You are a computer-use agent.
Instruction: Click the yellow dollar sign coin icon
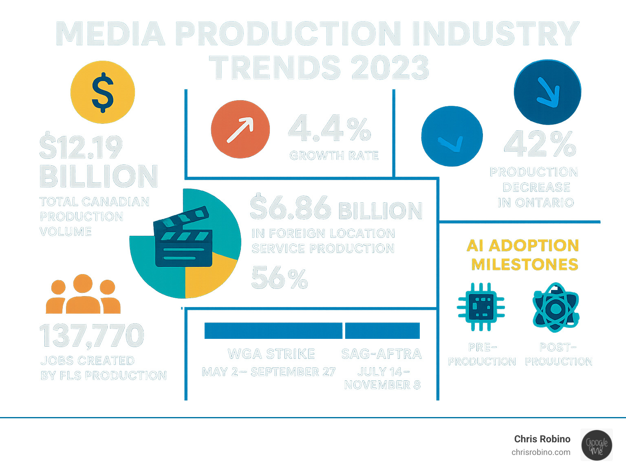[x=103, y=92]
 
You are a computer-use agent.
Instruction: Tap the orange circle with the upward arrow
[x=240, y=129]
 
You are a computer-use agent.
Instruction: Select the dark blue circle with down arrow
[x=547, y=92]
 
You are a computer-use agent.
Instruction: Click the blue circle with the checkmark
[x=452, y=136]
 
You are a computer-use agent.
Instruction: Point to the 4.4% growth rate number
[x=329, y=129]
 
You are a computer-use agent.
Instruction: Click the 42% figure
[x=540, y=144]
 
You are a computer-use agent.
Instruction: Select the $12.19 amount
[x=81, y=147]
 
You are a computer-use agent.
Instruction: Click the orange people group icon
[x=83, y=294]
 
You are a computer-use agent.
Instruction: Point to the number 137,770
[x=92, y=336]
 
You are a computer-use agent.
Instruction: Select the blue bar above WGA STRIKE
[x=273, y=331]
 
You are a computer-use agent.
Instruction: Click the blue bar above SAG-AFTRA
[x=382, y=331]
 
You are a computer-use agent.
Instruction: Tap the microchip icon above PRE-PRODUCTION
[x=481, y=307]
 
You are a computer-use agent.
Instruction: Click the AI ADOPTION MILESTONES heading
[x=523, y=255]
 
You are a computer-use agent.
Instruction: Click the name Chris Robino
[x=542, y=439]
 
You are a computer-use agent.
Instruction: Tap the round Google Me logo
[x=597, y=445]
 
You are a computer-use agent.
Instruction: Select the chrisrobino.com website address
[x=541, y=452]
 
